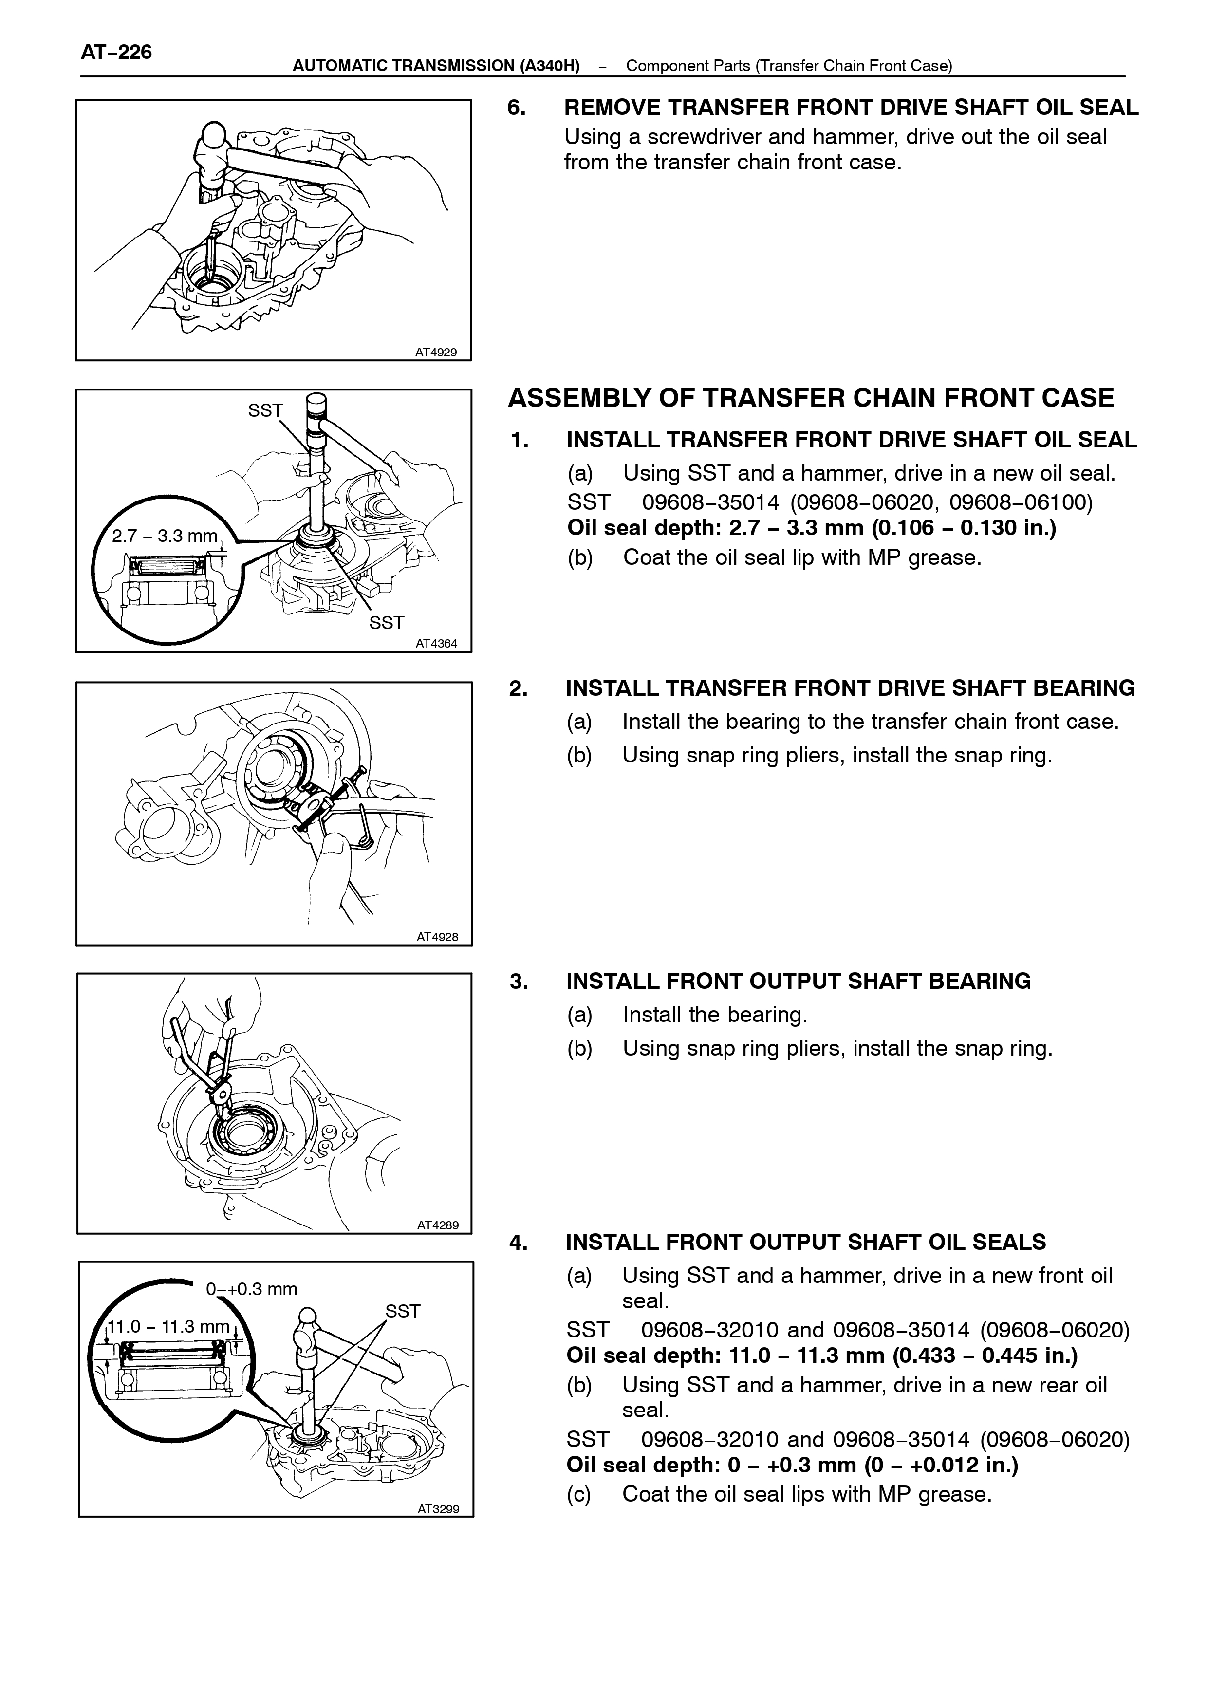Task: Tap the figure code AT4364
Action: (x=437, y=644)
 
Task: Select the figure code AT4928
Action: (x=437, y=937)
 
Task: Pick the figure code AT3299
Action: (x=438, y=1509)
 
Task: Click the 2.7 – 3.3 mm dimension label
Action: (x=165, y=536)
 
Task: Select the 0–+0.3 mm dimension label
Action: (x=251, y=1289)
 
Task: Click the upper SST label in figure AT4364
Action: (x=265, y=410)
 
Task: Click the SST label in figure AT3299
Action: (x=402, y=1311)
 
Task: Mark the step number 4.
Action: (x=519, y=1243)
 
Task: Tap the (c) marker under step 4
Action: (x=579, y=1494)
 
